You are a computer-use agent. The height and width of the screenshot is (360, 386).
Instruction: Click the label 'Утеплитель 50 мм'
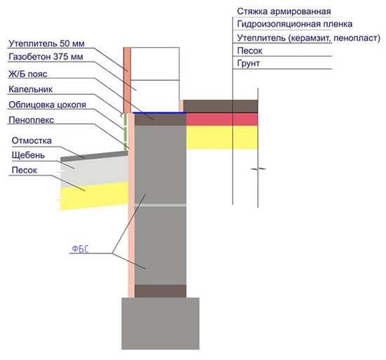pyautogui.click(x=46, y=44)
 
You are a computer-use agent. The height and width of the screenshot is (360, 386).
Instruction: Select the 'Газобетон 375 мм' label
pyautogui.click(x=46, y=57)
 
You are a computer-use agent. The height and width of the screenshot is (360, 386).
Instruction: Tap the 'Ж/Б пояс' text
pyautogui.click(x=28, y=74)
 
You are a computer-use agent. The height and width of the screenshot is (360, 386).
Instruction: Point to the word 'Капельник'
pyautogui.click(x=30, y=89)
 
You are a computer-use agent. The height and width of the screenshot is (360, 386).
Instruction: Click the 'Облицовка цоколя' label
pyautogui.click(x=47, y=105)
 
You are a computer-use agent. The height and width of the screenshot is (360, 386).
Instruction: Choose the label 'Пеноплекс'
pyautogui.click(x=32, y=120)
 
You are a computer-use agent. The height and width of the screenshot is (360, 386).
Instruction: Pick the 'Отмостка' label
pyautogui.click(x=32, y=141)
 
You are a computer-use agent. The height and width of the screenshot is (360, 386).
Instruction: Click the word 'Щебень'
pyautogui.click(x=28, y=155)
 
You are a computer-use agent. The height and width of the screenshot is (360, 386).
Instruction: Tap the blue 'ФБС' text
pyautogui.click(x=80, y=249)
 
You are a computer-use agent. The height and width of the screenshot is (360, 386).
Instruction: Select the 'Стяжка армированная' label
pyautogui.click(x=284, y=11)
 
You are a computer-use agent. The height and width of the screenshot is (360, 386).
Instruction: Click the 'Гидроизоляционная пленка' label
pyautogui.click(x=295, y=24)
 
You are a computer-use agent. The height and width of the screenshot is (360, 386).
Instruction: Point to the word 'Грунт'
pyautogui.click(x=248, y=63)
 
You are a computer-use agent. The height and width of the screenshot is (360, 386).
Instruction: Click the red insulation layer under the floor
pyautogui.click(x=222, y=119)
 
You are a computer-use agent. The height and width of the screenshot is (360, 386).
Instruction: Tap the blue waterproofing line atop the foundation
pyautogui.click(x=159, y=113)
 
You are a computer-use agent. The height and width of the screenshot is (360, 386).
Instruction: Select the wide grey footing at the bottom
pyautogui.click(x=160, y=324)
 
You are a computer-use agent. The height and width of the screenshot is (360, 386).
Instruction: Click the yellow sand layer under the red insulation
pyautogui.click(x=222, y=138)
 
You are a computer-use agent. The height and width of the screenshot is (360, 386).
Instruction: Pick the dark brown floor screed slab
pyautogui.click(x=220, y=106)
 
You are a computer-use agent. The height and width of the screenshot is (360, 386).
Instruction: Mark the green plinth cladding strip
pyautogui.click(x=126, y=132)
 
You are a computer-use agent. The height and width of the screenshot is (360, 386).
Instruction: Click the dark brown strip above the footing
pyautogui.click(x=160, y=291)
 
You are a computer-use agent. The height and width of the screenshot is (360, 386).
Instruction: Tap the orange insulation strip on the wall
pyautogui.click(x=127, y=80)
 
